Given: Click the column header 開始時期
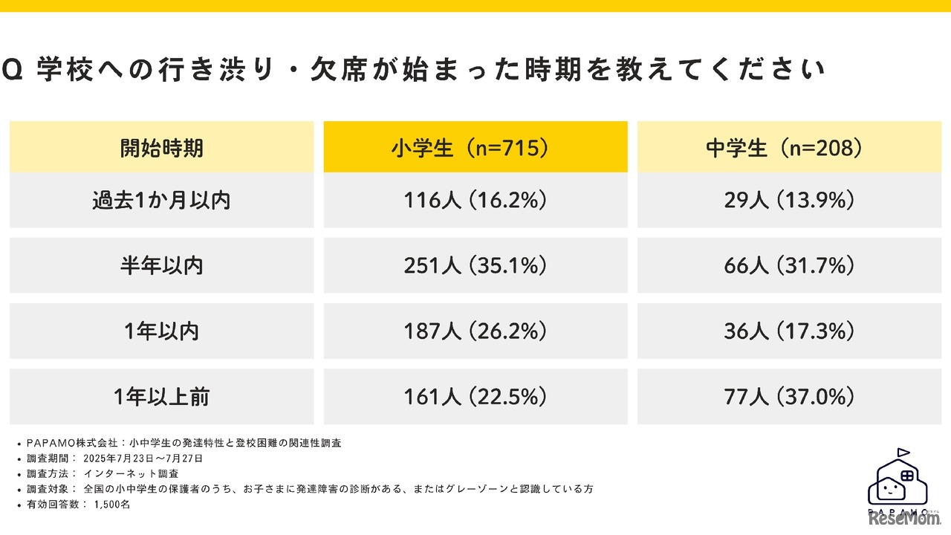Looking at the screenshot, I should pos(161,148).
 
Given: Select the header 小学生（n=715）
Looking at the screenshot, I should pos(475,148).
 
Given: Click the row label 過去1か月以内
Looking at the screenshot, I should pos(161,201).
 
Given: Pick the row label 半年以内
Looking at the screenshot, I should pos(161,265).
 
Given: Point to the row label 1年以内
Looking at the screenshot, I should pos(161,331).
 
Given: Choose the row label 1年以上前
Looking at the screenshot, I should pos(161,397).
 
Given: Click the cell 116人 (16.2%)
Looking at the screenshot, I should pos(475,201).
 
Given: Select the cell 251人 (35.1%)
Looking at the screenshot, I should pos(475,265).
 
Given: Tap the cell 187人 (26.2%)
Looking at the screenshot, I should pos(475,331).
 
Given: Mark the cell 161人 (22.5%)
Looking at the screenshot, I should pos(475,397).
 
